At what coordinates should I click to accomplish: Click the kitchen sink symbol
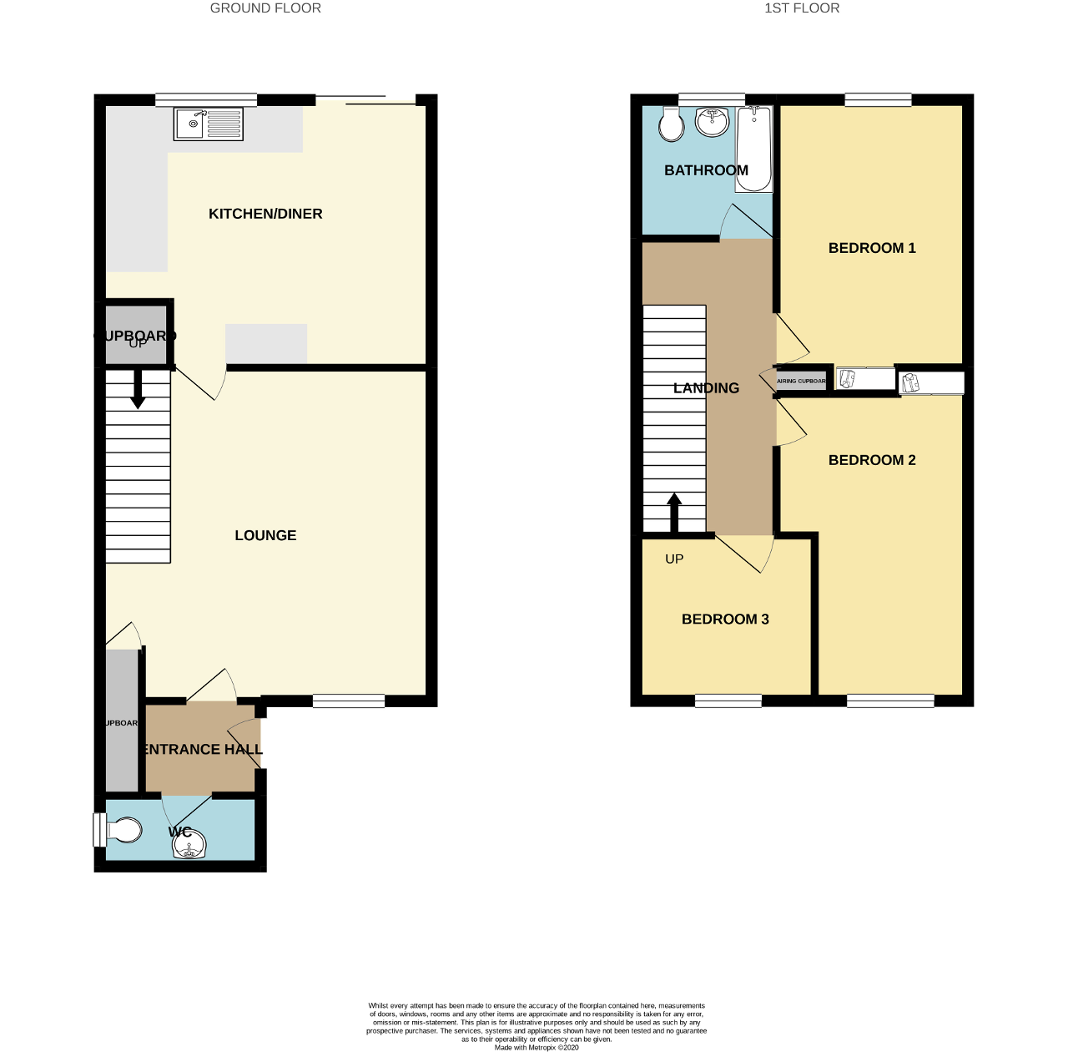pos(209,124)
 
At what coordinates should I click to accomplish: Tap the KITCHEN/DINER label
pos(265,214)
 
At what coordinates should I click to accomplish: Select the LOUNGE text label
pos(265,535)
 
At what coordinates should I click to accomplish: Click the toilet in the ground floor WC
pos(122,831)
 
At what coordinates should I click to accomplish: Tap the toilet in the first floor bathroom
pos(671,125)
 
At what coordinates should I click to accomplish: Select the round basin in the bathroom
pos(713,122)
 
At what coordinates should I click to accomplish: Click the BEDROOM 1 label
pos(872,248)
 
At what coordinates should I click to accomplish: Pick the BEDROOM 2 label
pos(872,460)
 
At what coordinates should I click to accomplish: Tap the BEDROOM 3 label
pos(725,619)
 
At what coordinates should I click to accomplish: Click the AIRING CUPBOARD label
pos(801,381)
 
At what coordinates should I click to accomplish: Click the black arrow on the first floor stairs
pos(674,512)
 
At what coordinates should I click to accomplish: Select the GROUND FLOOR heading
pos(265,8)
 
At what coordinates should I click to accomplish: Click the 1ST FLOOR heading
pos(802,8)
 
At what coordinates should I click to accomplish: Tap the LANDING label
pos(706,388)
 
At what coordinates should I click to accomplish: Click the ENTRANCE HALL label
pos(203,749)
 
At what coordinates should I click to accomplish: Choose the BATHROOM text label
pos(706,170)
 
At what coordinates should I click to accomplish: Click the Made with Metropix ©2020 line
pos(537,1047)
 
